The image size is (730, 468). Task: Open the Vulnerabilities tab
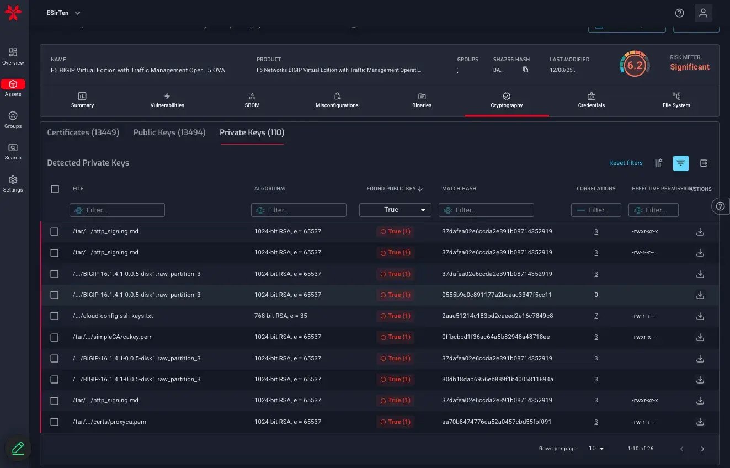click(167, 100)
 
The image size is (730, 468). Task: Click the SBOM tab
click(252, 100)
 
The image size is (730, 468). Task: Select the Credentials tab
click(591, 100)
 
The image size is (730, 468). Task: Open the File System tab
click(676, 100)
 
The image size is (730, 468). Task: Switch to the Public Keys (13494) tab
click(169, 132)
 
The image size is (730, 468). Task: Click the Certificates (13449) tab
click(83, 132)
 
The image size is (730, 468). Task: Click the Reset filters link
click(626, 163)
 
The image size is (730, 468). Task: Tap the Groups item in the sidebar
click(13, 119)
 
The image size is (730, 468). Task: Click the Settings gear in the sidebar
click(13, 183)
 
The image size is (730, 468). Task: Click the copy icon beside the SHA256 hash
click(525, 70)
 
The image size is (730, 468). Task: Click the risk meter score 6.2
click(635, 66)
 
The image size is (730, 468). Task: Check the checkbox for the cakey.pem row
click(55, 337)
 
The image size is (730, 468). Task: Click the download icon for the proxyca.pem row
click(700, 422)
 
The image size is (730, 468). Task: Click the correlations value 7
click(596, 316)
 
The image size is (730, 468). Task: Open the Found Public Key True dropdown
click(395, 210)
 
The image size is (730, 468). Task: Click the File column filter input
click(117, 210)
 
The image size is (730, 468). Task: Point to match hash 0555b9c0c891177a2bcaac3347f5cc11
click(497, 295)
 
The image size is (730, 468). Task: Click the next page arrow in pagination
click(702, 449)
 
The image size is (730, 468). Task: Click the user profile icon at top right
click(703, 13)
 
